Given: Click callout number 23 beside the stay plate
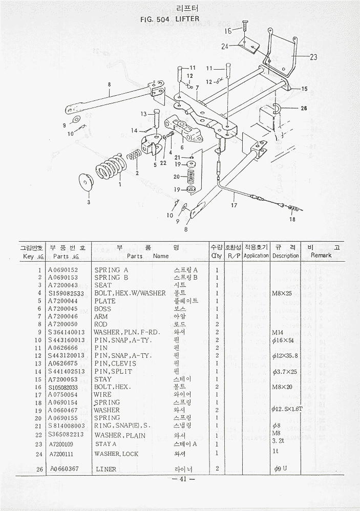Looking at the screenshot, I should tap(313, 57).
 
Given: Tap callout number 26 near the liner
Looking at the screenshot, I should tap(304, 109).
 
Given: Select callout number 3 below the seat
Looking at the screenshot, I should tap(88, 202).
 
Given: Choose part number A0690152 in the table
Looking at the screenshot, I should tap(63, 270).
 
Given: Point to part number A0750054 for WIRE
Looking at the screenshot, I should tap(63, 395).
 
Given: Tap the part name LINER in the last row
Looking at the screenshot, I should tap(106, 469).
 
